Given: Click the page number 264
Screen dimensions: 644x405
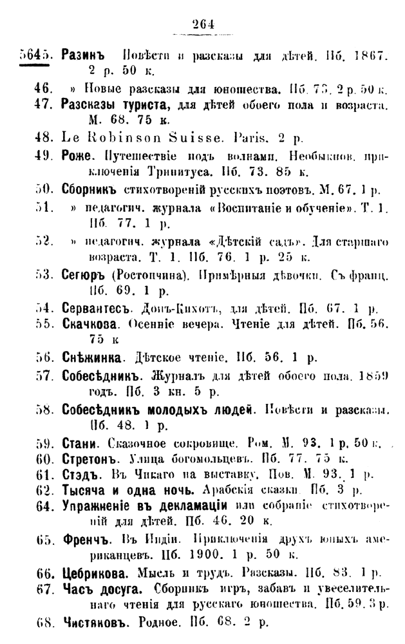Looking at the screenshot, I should [202, 25].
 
